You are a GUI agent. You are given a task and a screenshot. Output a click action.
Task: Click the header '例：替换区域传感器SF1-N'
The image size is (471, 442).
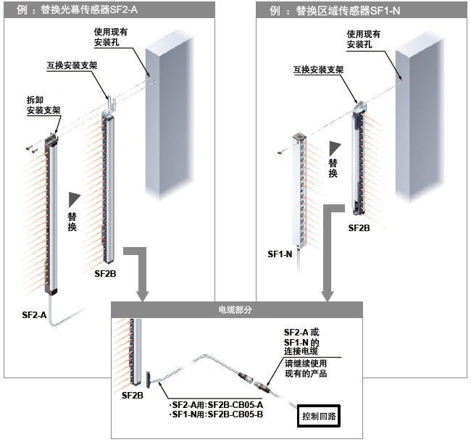pos(335,10)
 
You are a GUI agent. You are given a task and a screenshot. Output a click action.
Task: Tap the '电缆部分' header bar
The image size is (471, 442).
pos(236,309)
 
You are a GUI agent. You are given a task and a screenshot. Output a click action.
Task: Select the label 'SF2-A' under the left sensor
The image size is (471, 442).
pos(35,316)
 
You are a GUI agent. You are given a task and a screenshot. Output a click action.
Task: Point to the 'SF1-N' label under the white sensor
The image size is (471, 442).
pos(279,254)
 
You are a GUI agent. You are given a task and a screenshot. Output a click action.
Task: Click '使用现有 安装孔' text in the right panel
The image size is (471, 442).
pos(364,38)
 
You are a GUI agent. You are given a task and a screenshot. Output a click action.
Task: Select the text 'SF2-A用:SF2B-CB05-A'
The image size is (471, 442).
pos(212,404)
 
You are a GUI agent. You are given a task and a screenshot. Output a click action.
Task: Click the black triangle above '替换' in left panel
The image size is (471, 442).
pos(72,198)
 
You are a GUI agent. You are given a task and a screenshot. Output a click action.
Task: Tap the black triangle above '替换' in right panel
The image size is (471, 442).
pos(333,146)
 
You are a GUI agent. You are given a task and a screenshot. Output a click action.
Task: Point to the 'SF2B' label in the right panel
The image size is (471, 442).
pos(359,228)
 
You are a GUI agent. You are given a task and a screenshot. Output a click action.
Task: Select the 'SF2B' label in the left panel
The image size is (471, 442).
pos(105,275)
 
